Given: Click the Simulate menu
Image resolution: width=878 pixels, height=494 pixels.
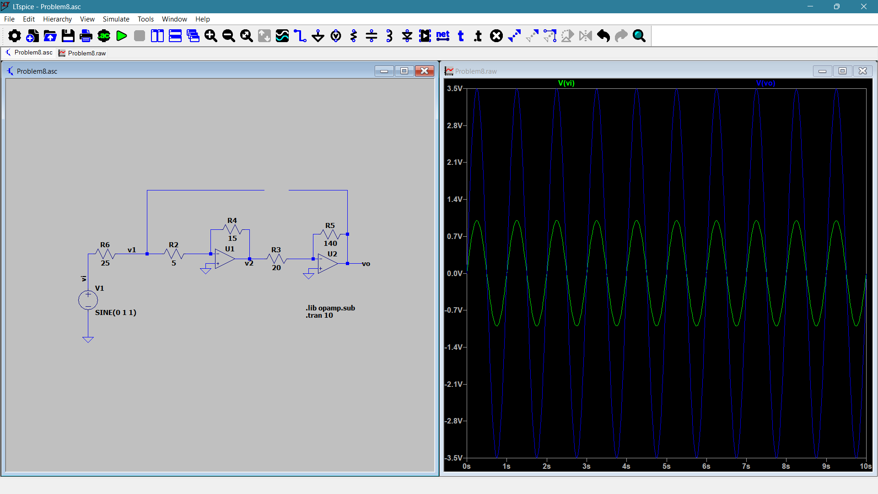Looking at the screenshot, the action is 116,19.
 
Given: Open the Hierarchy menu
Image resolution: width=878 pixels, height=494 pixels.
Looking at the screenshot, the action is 57,19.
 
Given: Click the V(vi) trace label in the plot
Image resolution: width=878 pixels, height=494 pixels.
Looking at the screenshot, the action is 566,83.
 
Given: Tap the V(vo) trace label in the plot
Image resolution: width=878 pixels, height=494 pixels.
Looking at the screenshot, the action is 765,83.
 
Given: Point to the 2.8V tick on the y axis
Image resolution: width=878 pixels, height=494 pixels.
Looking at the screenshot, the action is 454,125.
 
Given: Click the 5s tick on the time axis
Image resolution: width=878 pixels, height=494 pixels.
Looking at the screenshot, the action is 666,466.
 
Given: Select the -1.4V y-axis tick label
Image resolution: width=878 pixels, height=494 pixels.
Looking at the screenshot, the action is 453,347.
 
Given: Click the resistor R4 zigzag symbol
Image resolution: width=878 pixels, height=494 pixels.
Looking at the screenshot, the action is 232,229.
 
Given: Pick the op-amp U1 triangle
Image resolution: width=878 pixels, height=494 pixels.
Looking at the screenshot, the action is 225,259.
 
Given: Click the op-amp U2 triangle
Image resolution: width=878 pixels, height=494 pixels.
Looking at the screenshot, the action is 328,264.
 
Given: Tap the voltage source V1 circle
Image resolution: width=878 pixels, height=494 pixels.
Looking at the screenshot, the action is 88,300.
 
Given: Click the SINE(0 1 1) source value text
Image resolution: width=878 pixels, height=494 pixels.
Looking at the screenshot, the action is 116,313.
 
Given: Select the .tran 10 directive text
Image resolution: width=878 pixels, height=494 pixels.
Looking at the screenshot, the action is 319,315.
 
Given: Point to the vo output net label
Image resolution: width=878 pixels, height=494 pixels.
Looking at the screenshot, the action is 366,264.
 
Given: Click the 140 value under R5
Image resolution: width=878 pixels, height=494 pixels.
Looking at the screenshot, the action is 330,244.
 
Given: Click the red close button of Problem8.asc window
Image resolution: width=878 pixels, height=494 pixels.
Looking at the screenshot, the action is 425,71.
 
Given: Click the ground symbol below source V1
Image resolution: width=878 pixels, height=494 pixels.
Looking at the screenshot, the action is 88,339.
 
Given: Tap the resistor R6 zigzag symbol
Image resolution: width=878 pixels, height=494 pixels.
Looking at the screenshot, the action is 105,254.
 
